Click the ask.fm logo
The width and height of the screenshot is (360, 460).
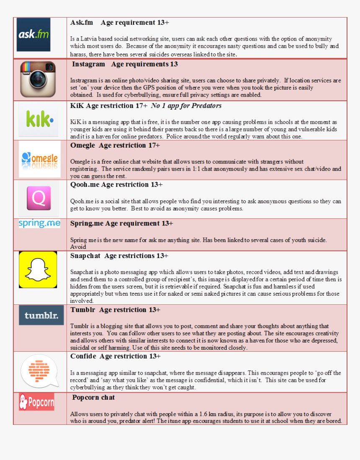point(33,35)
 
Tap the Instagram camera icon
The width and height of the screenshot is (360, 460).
point(38,79)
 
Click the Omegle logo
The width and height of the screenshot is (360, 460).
point(40,159)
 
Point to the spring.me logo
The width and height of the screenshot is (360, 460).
point(39,224)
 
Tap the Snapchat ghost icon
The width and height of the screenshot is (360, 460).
point(38,270)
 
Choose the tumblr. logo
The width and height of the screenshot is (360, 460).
point(41,315)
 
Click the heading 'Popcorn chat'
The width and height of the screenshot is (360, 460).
point(93,397)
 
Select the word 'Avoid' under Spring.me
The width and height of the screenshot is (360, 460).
point(78,247)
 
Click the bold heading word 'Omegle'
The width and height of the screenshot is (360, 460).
point(82,145)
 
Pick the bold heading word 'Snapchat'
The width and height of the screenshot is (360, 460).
point(85,256)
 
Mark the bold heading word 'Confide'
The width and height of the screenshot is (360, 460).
point(83,356)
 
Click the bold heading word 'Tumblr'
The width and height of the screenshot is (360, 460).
point(82,310)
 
